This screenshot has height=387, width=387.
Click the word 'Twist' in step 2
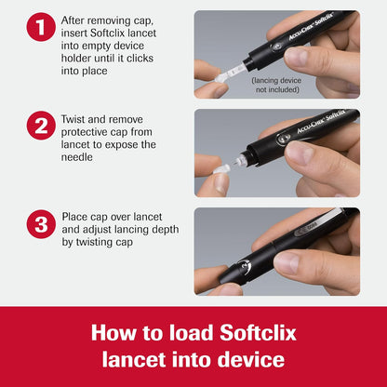coord(76,120)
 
